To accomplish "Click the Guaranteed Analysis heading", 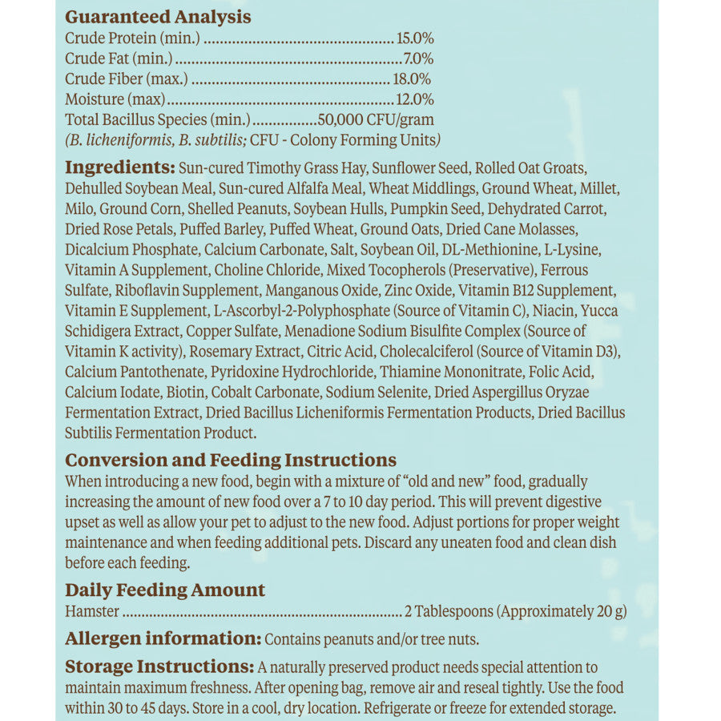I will pyautogui.click(x=158, y=17).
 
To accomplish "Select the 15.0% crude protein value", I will pyautogui.click(x=415, y=38).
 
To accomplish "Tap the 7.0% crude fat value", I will pyautogui.click(x=417, y=58).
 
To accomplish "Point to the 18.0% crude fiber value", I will pyautogui.click(x=412, y=79).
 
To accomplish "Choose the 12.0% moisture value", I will pyautogui.click(x=415, y=99).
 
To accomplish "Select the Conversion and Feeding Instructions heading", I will pyautogui.click(x=231, y=460).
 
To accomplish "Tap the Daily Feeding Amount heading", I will pyautogui.click(x=165, y=590).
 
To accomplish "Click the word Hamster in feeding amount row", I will pyautogui.click(x=92, y=612).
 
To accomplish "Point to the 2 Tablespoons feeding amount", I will pyautogui.click(x=449, y=612).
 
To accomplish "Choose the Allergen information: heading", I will pyautogui.click(x=163, y=638).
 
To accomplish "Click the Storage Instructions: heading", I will pyautogui.click(x=159, y=667).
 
